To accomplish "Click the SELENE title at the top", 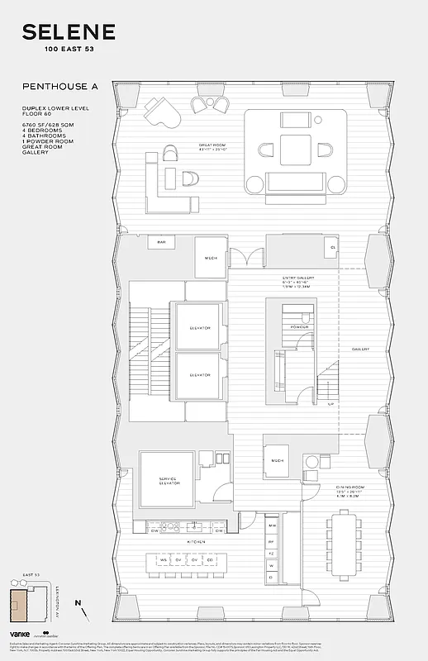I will pyautogui.click(x=69, y=32).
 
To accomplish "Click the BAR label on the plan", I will pyautogui.click(x=162, y=242).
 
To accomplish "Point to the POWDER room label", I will pyautogui.click(x=300, y=326).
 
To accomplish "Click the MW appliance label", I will pyautogui.click(x=272, y=525).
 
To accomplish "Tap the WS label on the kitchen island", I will pyautogui.click(x=164, y=561).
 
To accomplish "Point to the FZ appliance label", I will pyautogui.click(x=272, y=552).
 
